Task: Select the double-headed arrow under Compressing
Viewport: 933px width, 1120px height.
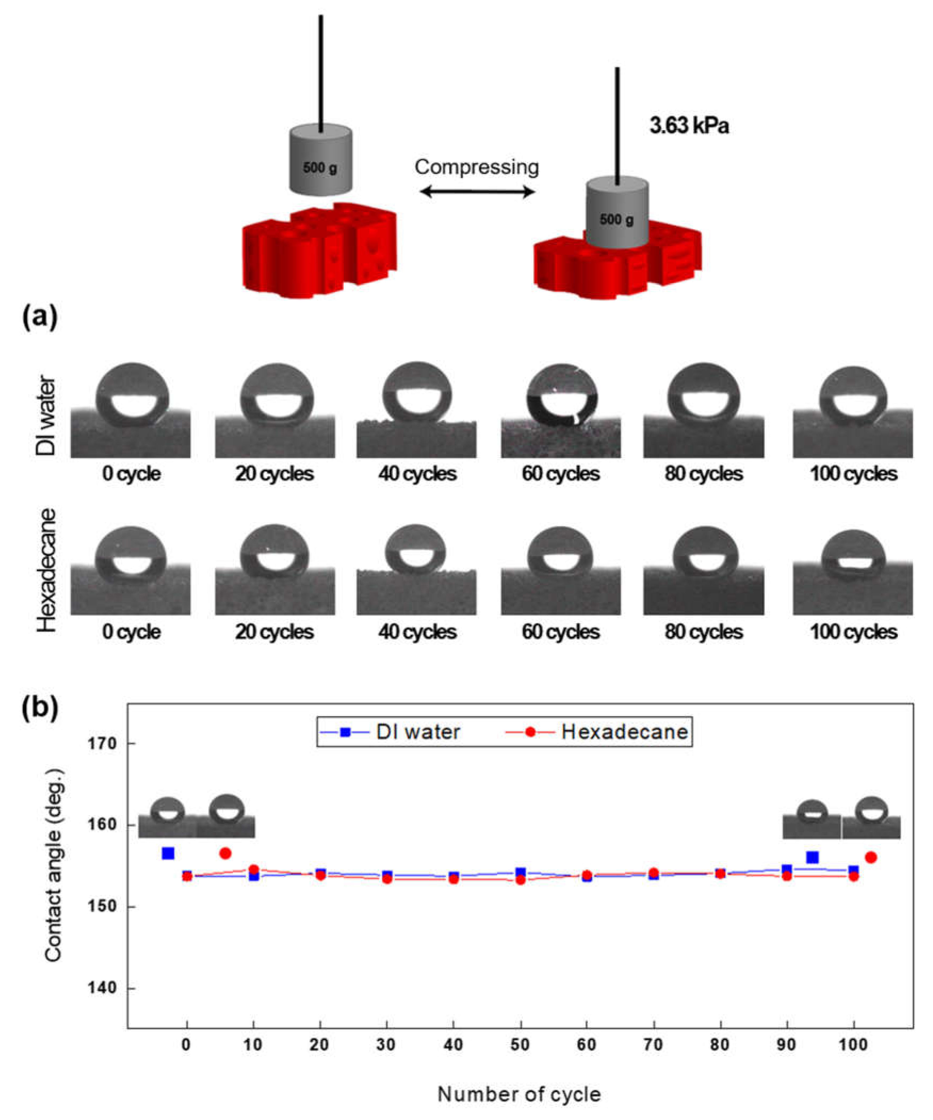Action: pyautogui.click(x=477, y=191)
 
